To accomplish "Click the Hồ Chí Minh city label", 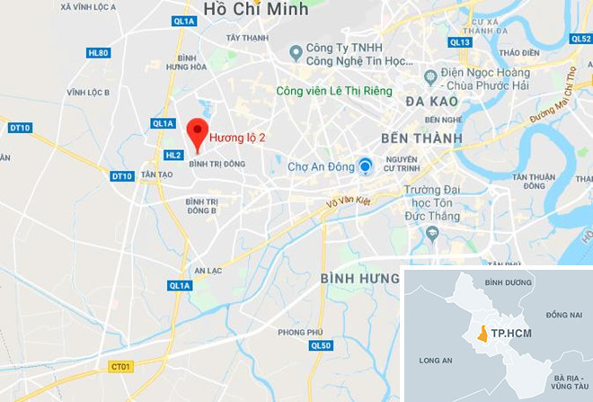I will pos(256,10).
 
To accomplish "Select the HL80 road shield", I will pos(98,53).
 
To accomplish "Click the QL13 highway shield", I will pos(460,42).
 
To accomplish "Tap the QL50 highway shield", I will pos(321,345).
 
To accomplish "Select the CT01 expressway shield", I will pos(120,366).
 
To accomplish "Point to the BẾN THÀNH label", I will pos(420,138).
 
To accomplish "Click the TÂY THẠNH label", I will pos(247,39).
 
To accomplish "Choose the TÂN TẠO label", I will pos(156,174).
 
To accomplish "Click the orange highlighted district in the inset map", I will pos(482,334).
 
